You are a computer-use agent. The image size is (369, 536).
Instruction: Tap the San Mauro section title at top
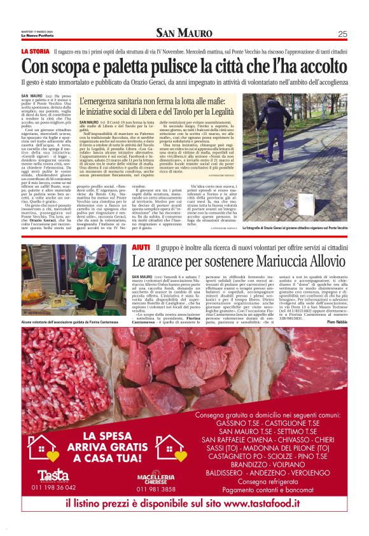184,34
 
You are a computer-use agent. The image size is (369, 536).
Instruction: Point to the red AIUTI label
141,246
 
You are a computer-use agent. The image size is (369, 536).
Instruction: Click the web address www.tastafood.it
261,504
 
